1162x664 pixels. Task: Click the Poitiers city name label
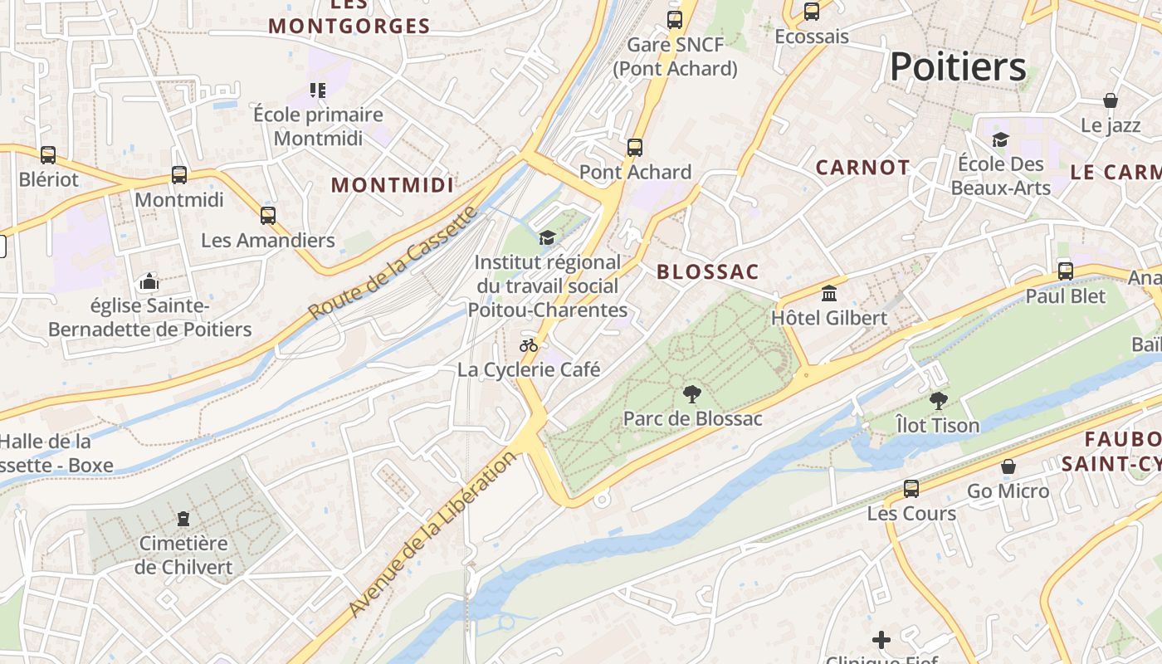click(957, 66)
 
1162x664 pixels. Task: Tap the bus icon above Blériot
click(48, 155)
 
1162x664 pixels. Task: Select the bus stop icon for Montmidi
click(179, 175)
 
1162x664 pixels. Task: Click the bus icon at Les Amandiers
click(268, 216)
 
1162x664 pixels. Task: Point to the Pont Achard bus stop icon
click(635, 148)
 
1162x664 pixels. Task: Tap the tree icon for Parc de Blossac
click(691, 394)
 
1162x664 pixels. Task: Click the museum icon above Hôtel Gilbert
click(828, 293)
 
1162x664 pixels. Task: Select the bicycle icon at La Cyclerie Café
click(529, 345)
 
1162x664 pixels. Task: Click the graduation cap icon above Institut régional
click(547, 238)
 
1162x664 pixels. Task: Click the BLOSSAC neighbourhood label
click(708, 272)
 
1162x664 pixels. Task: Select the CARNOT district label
click(862, 168)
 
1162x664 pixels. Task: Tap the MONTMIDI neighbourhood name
click(393, 185)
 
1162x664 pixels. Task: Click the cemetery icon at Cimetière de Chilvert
click(183, 520)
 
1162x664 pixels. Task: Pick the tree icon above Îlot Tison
click(938, 401)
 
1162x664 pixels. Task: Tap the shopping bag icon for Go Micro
click(1008, 466)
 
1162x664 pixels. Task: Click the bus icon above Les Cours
click(911, 489)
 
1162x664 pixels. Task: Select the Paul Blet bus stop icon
click(1066, 271)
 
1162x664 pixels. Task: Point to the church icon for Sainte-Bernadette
click(149, 282)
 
